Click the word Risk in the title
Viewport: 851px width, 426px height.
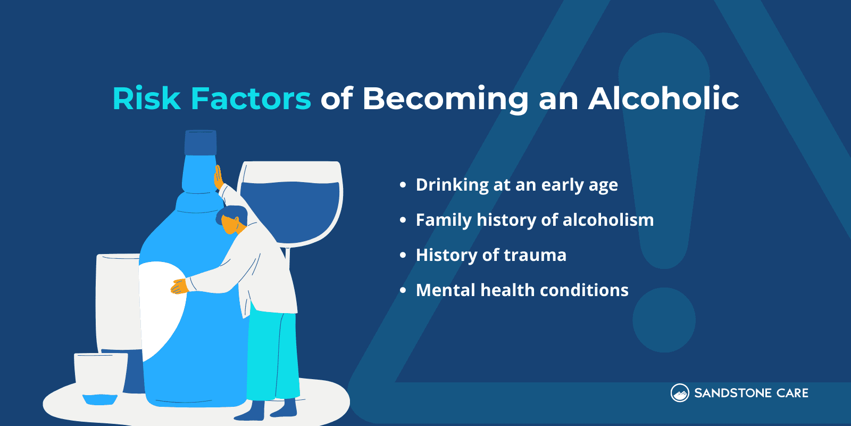pos(146,99)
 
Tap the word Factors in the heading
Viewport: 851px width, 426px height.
pos(251,99)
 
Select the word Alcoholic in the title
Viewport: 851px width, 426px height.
pos(663,99)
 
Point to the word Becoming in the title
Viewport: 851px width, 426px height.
pos(445,100)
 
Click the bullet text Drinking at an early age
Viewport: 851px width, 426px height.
pos(516,185)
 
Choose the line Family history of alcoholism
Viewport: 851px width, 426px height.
pos(535,220)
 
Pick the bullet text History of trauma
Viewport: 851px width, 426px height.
pos(491,255)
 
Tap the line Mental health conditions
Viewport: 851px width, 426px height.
pos(522,290)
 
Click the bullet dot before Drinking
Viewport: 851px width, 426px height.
pos(403,185)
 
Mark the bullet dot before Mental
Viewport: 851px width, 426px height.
pos(403,290)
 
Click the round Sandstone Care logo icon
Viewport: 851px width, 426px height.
pos(680,393)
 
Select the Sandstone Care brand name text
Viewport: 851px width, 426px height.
pos(751,393)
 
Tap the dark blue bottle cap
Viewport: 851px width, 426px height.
pos(201,142)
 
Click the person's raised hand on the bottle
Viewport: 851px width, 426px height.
pos(218,178)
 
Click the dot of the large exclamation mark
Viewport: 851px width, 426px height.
pos(664,320)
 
